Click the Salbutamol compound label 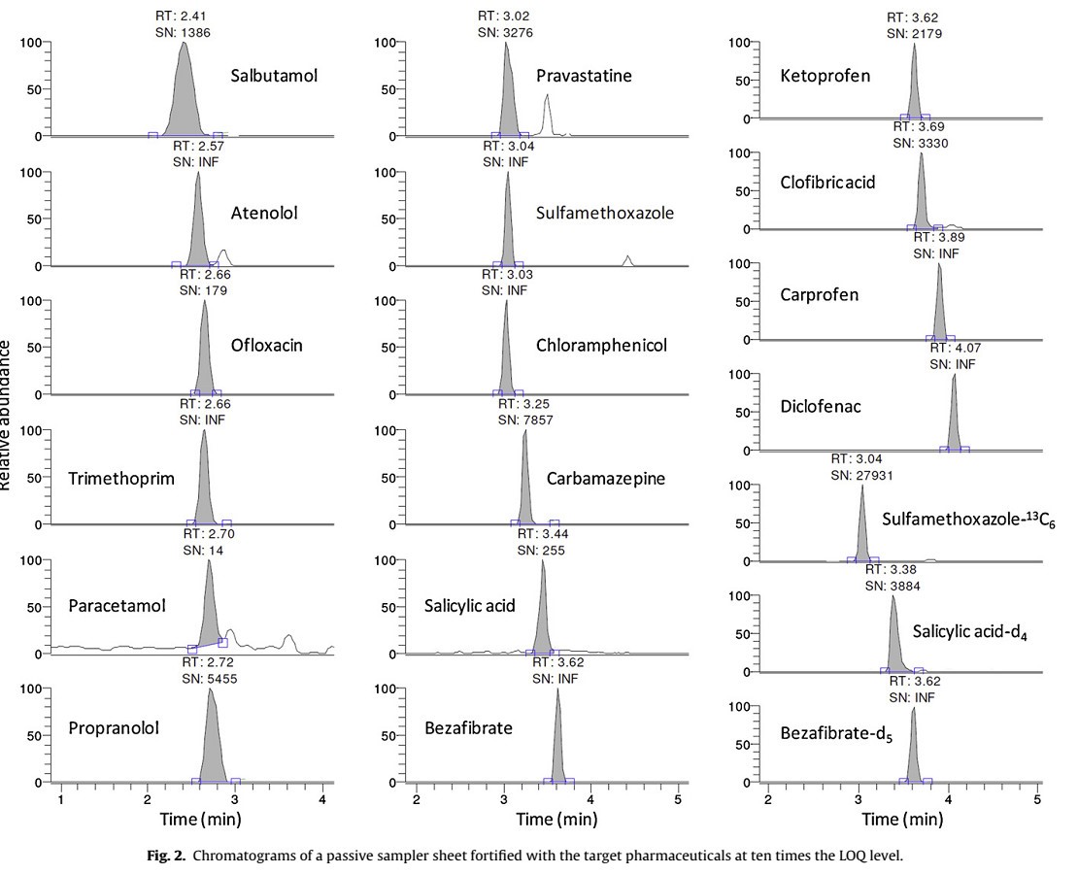pos(275,76)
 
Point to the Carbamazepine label pos(605,478)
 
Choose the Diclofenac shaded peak pos(954,418)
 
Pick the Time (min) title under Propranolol pos(201,819)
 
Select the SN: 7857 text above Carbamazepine pos(529,420)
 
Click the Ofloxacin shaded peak pos(204,359)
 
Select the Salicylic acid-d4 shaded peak pos(893,641)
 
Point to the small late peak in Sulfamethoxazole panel pos(628,260)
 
